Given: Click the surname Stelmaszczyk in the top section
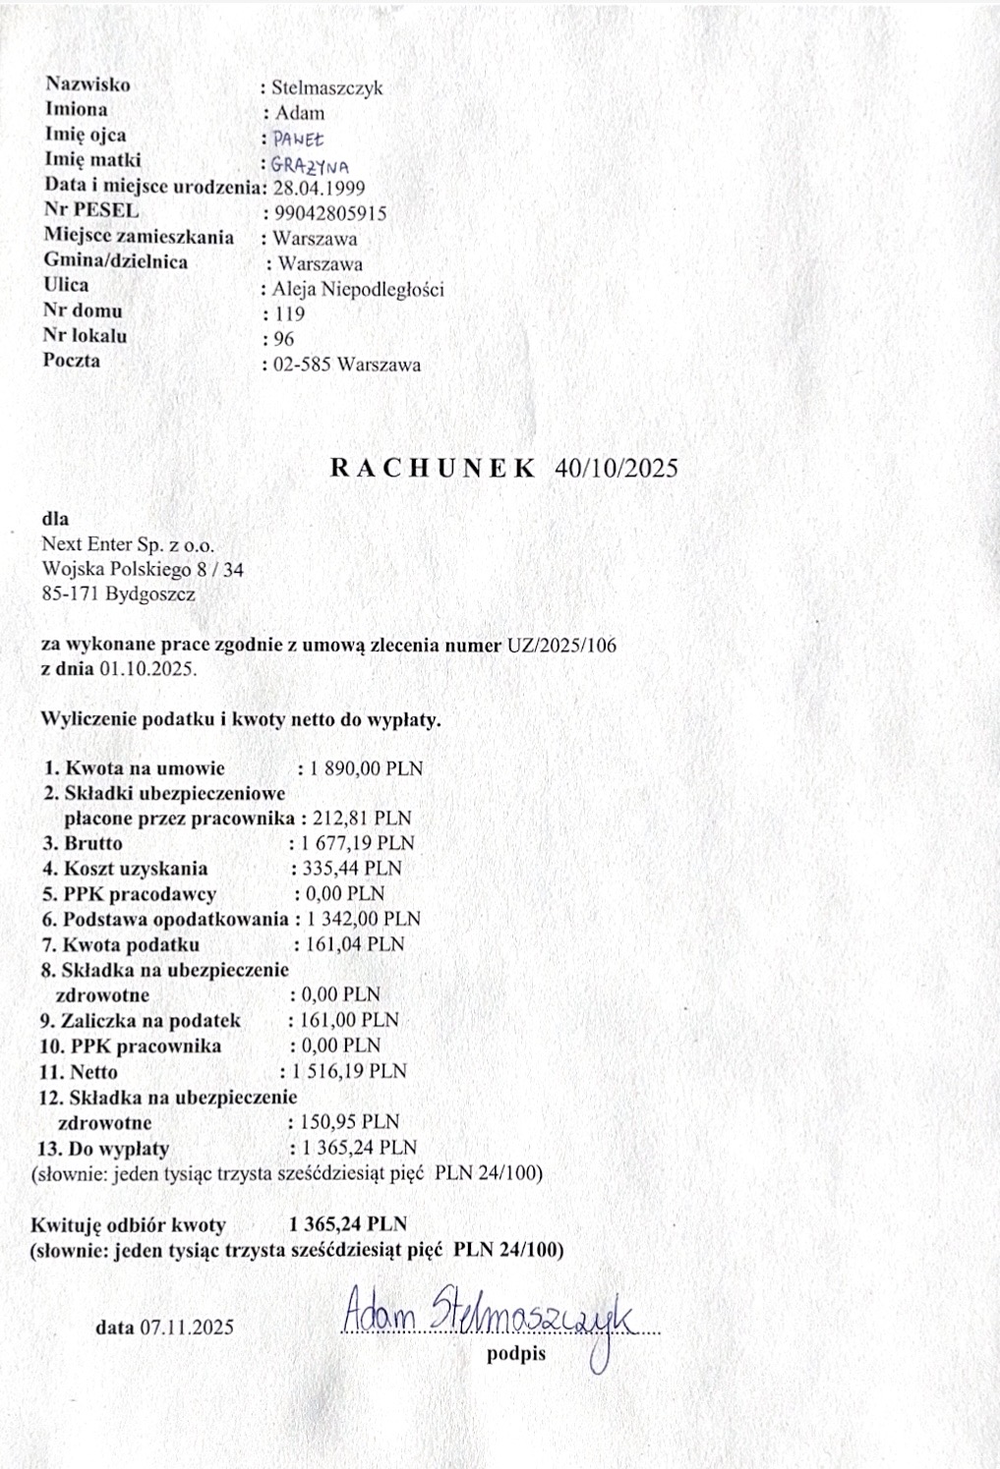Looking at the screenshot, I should (x=327, y=87).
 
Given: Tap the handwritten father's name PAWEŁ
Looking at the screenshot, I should (x=299, y=140).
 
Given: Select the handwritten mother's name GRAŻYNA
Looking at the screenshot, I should (x=310, y=165).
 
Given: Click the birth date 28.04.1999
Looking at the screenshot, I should (x=319, y=188).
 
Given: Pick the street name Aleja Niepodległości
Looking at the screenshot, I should (x=358, y=290).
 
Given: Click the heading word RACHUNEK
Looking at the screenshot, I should (x=433, y=467).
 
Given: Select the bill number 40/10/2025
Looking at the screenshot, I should (x=617, y=467).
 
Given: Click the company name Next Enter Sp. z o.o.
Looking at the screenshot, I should (x=128, y=544).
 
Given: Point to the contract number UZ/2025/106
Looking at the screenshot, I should (x=561, y=645).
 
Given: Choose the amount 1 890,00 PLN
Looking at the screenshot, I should (x=367, y=768).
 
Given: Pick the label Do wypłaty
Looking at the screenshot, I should (x=118, y=1148).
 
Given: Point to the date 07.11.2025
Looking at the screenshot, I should (x=187, y=1328).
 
